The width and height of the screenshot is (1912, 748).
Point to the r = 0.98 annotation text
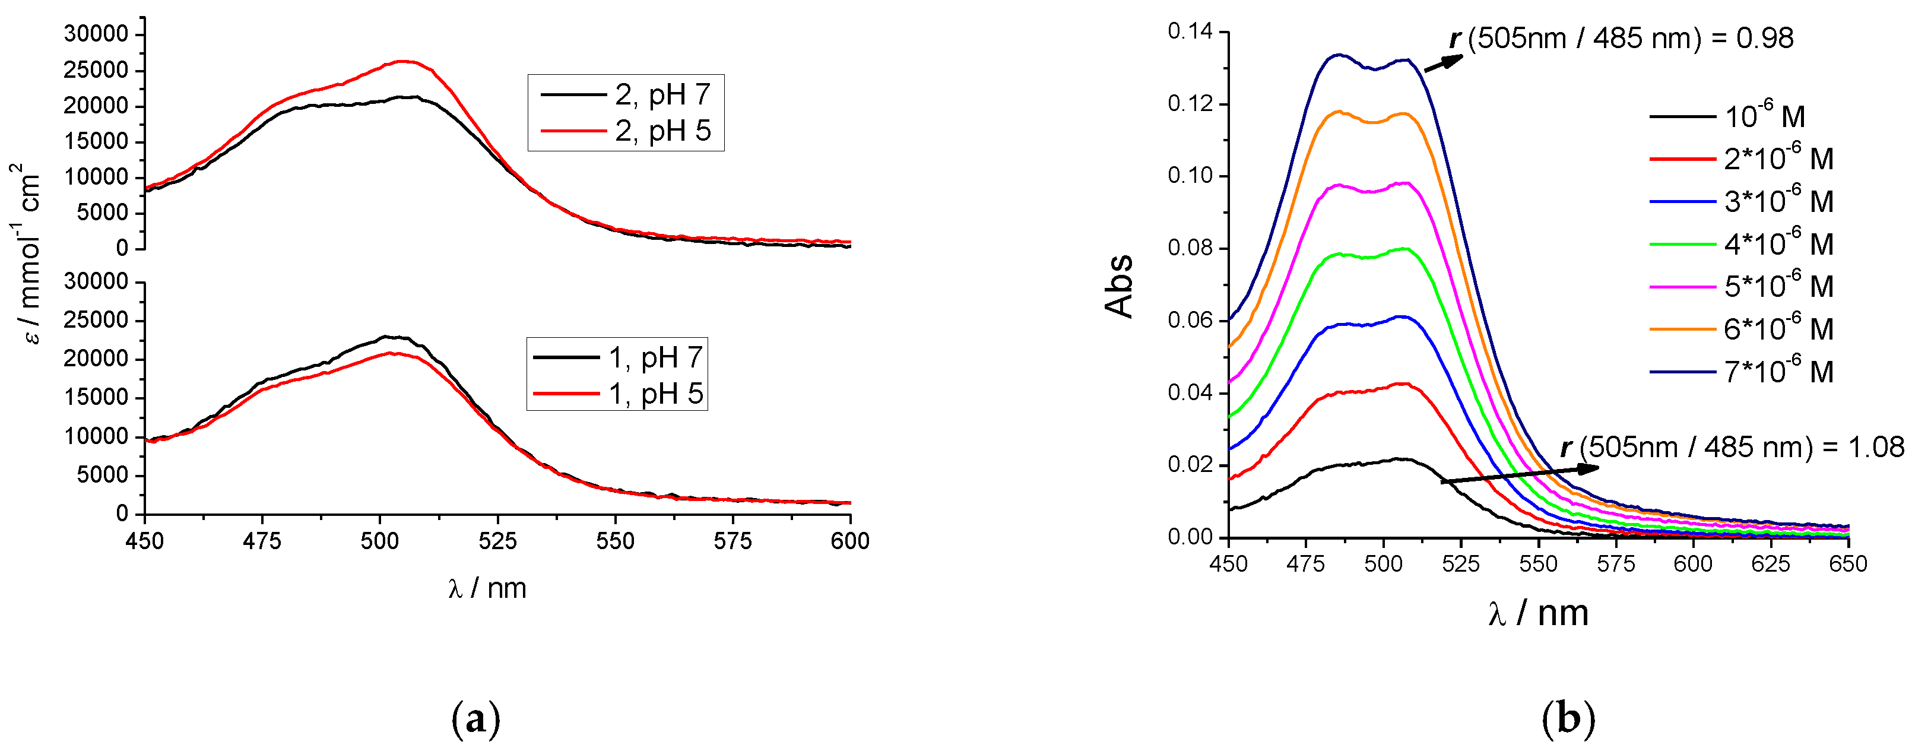(1621, 39)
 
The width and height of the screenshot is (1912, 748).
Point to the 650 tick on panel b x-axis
(1847, 564)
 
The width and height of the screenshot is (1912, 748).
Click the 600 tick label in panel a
(850, 541)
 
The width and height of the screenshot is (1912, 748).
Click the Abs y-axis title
(1120, 286)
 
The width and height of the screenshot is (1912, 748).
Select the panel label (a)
(475, 719)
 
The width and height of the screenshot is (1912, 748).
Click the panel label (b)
(1568, 719)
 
